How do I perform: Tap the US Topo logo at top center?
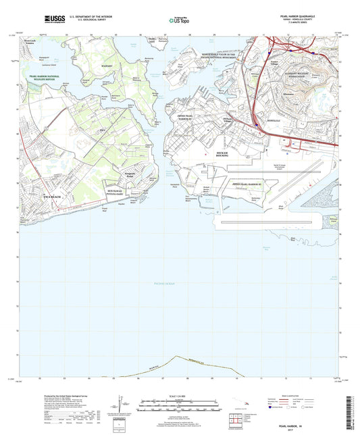(175, 21)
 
